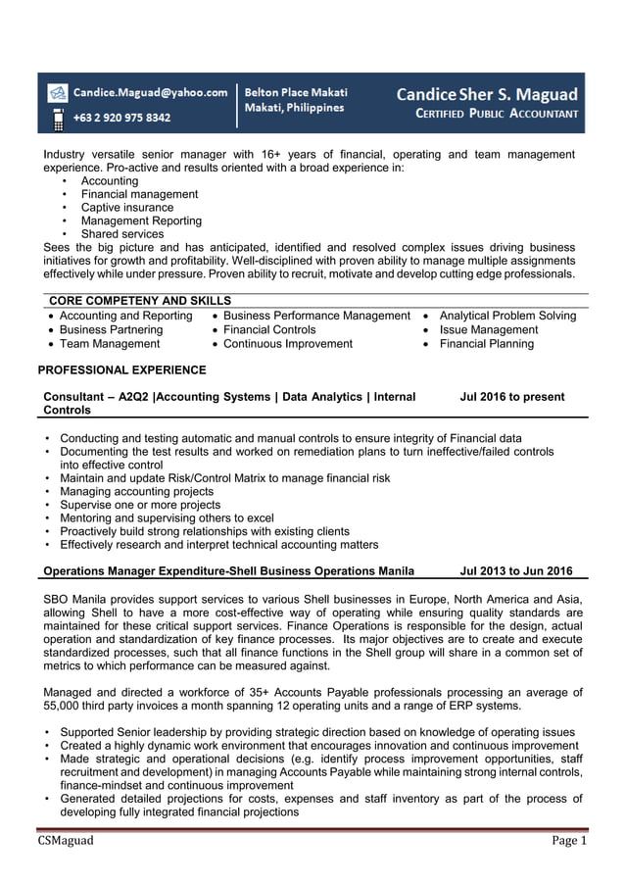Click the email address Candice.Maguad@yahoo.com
(x=151, y=92)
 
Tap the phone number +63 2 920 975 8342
(x=122, y=118)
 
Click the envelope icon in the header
(x=58, y=93)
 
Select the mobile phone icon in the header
(x=58, y=119)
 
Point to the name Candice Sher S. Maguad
(x=487, y=95)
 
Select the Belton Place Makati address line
(x=296, y=92)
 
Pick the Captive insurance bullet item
(x=126, y=208)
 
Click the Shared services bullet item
(x=122, y=234)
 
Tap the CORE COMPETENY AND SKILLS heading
(x=140, y=301)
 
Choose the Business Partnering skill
(x=111, y=330)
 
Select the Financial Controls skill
(x=269, y=330)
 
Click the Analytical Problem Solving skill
(x=507, y=316)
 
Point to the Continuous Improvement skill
(x=287, y=344)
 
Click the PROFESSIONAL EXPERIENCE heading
(x=121, y=370)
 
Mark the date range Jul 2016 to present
(x=512, y=397)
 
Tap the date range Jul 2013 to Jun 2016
(x=516, y=571)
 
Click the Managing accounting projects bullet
(x=136, y=492)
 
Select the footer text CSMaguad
(x=67, y=841)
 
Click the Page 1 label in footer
(x=568, y=841)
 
